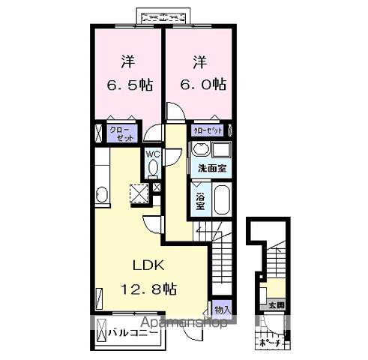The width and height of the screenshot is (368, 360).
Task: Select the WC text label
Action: click(153, 154)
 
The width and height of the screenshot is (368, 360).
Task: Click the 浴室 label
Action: click(201, 201)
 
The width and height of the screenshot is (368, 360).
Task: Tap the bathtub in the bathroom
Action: click(220, 199)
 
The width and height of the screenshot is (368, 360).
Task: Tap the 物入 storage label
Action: click(222, 310)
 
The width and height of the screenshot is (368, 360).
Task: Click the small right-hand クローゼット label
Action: click(207, 130)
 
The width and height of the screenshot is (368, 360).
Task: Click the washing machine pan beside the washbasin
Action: click(223, 149)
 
